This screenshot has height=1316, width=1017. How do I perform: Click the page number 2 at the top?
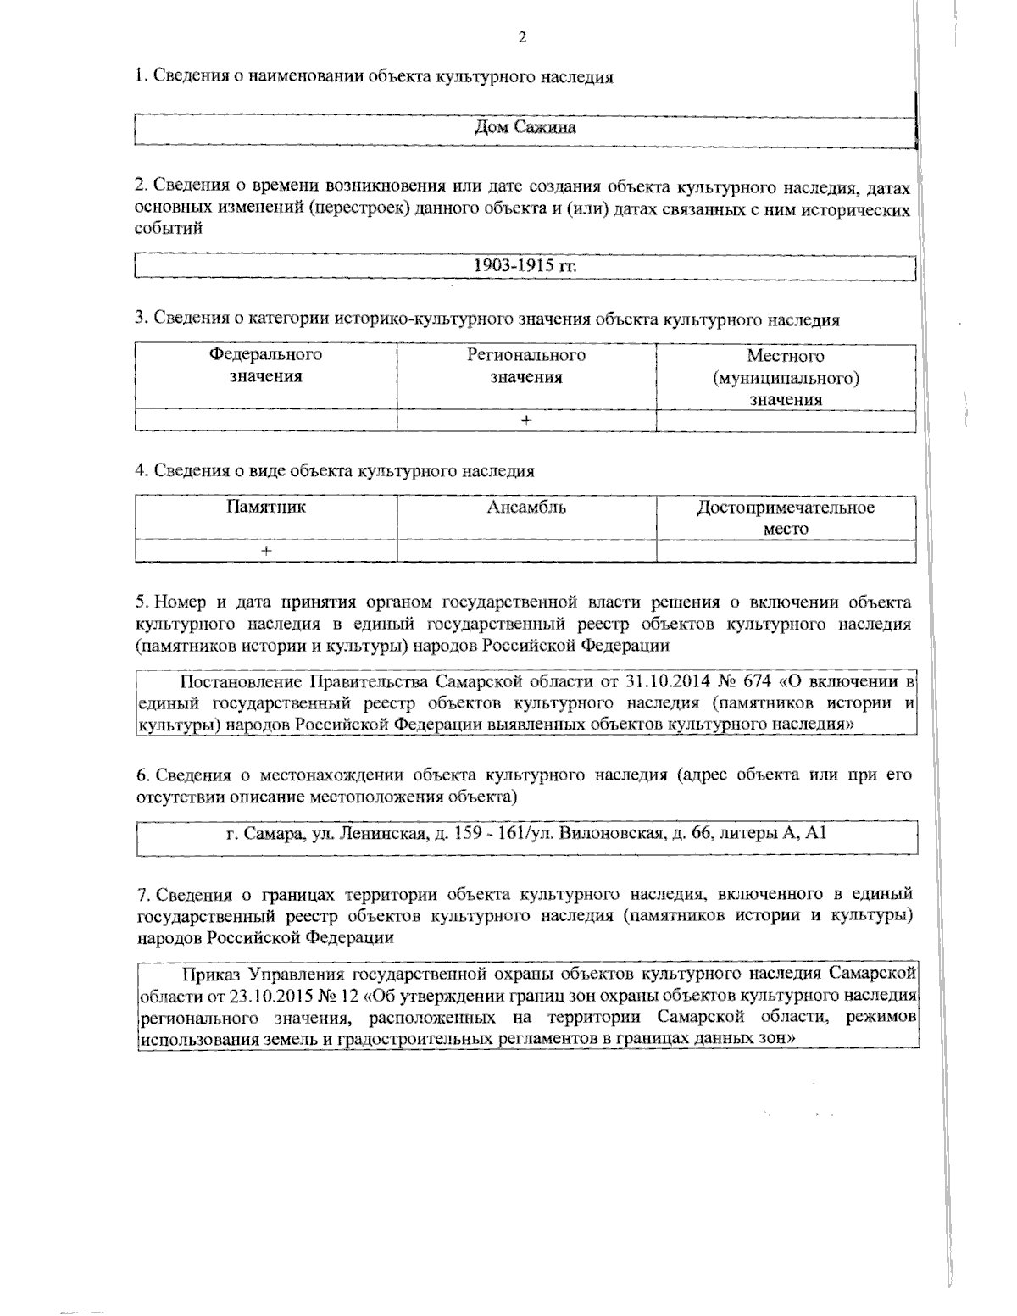(x=522, y=37)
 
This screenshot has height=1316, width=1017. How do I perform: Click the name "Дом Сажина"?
(x=525, y=128)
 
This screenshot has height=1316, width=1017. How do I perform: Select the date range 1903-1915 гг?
(x=525, y=265)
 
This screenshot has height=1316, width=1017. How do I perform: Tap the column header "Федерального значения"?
(x=265, y=366)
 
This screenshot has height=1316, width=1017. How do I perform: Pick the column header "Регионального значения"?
(x=525, y=366)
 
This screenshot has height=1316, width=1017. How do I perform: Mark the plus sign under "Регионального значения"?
(x=525, y=421)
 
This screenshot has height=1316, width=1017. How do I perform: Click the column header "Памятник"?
(x=265, y=508)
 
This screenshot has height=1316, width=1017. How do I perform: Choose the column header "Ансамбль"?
(x=525, y=508)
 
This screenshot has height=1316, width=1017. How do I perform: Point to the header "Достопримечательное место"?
(x=786, y=518)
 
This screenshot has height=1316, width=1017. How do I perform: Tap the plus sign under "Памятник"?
(x=265, y=551)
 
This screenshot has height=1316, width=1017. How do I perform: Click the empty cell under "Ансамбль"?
(x=525, y=551)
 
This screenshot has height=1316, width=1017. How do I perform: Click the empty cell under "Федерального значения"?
(x=265, y=421)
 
